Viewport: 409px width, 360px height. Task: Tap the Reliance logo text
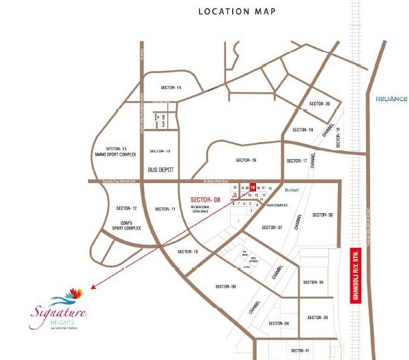391,98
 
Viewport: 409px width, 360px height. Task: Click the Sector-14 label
171,88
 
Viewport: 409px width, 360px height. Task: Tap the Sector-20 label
319,103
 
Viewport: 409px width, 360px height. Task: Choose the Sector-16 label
245,160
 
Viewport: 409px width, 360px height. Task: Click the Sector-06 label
322,214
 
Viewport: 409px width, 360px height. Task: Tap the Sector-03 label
321,318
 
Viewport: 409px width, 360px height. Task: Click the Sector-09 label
225,286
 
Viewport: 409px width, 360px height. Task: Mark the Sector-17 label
296,161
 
